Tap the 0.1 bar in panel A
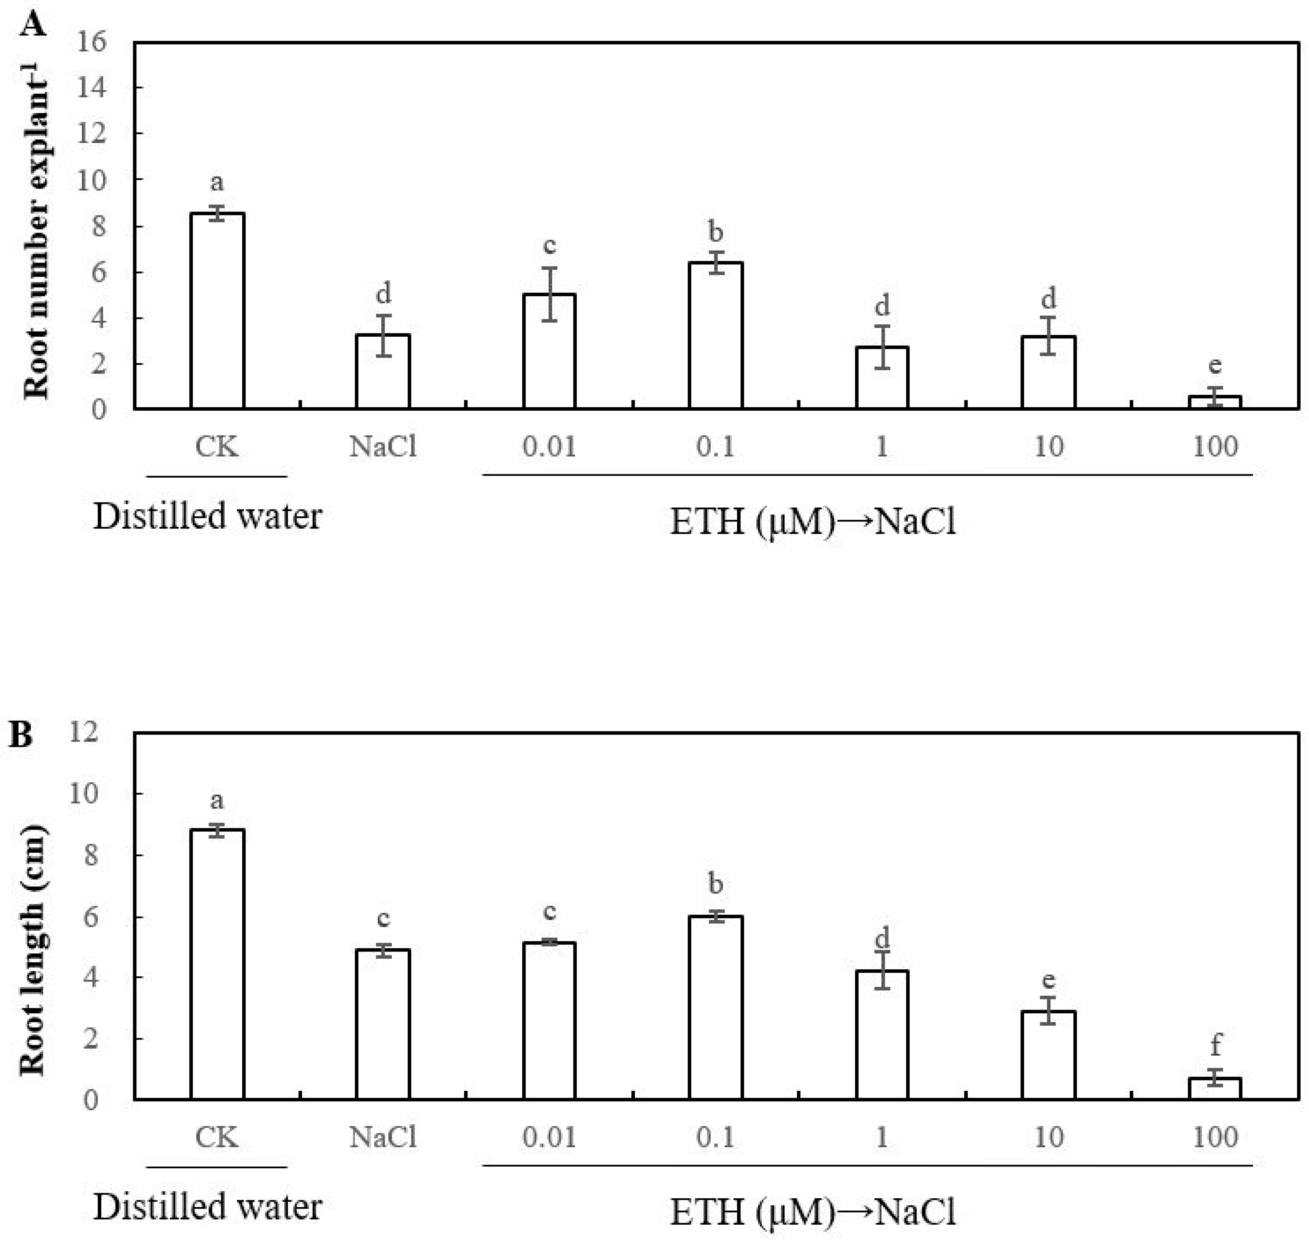(715, 335)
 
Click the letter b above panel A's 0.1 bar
(715, 232)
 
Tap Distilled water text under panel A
(207, 517)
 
